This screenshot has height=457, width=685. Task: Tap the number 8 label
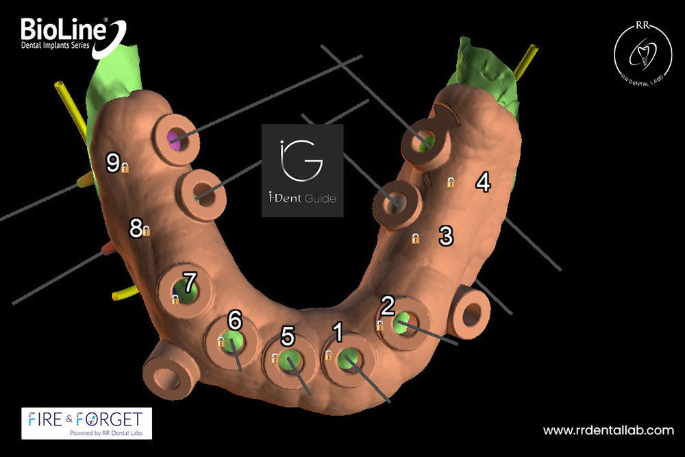pos(136,227)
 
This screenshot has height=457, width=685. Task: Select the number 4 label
pos(483,182)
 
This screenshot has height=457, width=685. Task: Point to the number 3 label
pos(446,236)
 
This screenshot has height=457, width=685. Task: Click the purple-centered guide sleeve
pos(177,141)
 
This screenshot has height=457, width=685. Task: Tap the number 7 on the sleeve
pos(190,283)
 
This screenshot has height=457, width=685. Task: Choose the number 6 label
pos(235,319)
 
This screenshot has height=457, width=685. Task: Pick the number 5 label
pos(288,336)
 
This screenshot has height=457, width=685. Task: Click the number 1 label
pos(338,332)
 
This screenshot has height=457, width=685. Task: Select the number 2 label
pos(388,306)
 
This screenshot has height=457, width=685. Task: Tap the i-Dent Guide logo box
pos(302,171)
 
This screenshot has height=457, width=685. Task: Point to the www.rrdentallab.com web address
pos(608,431)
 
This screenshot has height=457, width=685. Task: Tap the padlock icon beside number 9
pos(125,167)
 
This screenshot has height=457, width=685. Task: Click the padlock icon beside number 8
pos(147,232)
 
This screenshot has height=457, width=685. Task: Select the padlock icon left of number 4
pos(451,182)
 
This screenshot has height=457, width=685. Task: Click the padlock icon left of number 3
pos(415,238)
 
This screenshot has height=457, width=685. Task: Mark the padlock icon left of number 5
pos(275,358)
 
